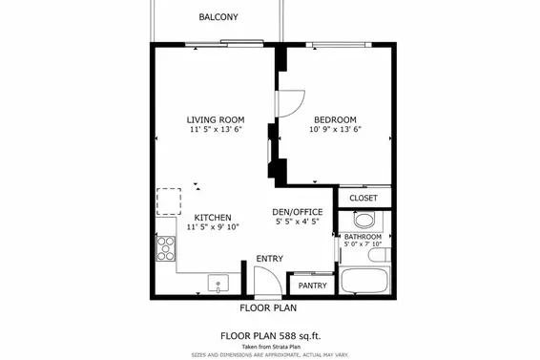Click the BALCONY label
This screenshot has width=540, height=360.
[218, 17]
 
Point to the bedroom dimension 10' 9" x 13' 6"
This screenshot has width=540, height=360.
[335, 130]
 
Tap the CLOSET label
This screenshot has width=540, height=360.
[363, 198]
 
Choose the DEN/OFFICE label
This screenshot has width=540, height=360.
[298, 212]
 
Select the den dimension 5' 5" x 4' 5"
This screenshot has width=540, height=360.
[298, 222]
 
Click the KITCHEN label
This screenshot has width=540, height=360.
[213, 218]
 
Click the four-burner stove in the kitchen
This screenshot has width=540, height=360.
[165, 247]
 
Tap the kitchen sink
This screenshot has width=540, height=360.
[217, 283]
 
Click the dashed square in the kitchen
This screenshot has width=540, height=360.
[169, 201]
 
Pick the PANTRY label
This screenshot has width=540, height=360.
[313, 286]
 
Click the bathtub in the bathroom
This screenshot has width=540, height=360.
[365, 282]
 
